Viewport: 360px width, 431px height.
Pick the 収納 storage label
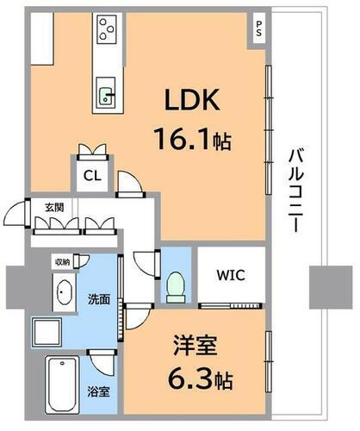(x=63, y=261)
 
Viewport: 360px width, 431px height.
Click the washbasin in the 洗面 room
(x=63, y=294)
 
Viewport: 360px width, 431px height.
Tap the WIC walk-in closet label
(x=230, y=277)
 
